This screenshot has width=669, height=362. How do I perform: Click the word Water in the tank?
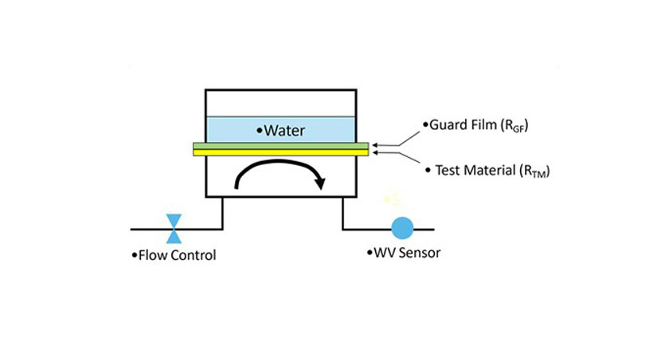coord(284,130)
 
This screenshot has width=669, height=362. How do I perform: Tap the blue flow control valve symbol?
coord(173,228)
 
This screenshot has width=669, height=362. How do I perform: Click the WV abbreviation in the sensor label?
coord(384,254)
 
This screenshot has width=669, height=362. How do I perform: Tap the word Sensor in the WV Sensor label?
coord(420,254)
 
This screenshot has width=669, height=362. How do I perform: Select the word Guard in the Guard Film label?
coord(447,124)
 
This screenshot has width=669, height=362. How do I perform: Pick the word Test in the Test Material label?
coord(448,170)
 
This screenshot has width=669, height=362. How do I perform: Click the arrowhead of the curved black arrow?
coord(320,183)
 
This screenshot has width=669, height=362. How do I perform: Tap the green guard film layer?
coord(280,146)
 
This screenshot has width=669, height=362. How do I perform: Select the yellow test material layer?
coord(280,152)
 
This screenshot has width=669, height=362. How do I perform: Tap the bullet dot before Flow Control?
coord(135,256)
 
